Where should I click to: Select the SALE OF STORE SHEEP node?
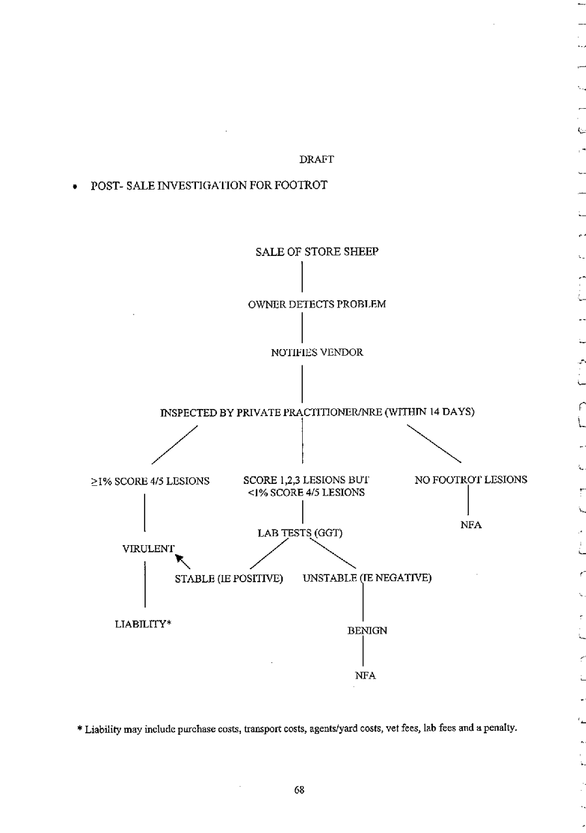317,252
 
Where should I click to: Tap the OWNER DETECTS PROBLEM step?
317,304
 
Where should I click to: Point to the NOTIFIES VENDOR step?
317,352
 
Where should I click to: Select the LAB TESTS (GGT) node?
300,534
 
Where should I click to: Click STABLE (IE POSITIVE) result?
229,578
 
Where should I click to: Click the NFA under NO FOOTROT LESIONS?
470,526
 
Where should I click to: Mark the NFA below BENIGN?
365,676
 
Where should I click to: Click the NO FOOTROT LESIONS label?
471,480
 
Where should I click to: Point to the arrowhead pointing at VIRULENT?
180,558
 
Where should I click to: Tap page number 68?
299,790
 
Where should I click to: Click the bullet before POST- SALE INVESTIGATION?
76,187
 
